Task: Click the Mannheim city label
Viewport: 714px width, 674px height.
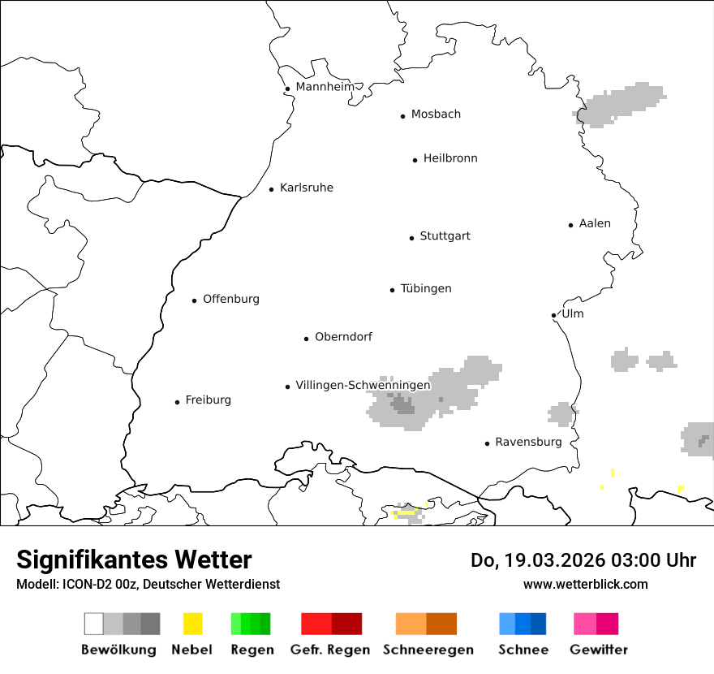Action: click(325, 87)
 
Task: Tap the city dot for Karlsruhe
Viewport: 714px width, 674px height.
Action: click(272, 189)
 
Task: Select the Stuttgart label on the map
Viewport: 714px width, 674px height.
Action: click(445, 236)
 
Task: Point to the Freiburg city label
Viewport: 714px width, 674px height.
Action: click(208, 400)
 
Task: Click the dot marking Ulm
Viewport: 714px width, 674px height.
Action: click(553, 315)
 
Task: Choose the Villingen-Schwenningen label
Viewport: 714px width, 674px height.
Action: click(363, 386)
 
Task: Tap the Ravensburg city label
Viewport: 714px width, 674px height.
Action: click(528, 443)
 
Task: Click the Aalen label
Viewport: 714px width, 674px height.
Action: click(595, 223)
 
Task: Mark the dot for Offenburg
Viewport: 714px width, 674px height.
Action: click(195, 300)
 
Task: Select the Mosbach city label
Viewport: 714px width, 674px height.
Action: click(436, 114)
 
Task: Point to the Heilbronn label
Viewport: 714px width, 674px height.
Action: click(450, 158)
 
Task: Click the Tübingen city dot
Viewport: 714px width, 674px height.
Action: click(393, 290)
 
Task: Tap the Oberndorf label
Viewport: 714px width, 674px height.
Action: click(343, 337)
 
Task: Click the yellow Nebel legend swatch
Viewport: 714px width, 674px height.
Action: click(193, 624)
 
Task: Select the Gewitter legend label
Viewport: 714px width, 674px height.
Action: click(599, 650)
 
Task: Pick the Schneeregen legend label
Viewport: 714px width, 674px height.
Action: click(427, 650)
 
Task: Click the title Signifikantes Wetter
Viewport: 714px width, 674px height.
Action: click(134, 560)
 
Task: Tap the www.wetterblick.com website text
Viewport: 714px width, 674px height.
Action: click(586, 584)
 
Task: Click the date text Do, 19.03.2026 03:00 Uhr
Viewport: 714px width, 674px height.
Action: click(583, 560)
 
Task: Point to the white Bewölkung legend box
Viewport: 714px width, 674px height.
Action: click(94, 624)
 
